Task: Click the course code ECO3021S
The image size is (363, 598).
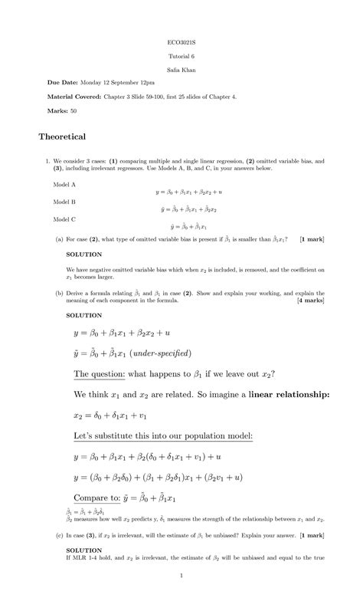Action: point(181,42)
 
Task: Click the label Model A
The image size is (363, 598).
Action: point(64,185)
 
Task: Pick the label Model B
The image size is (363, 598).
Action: point(64,202)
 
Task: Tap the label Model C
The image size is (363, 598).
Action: point(64,219)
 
